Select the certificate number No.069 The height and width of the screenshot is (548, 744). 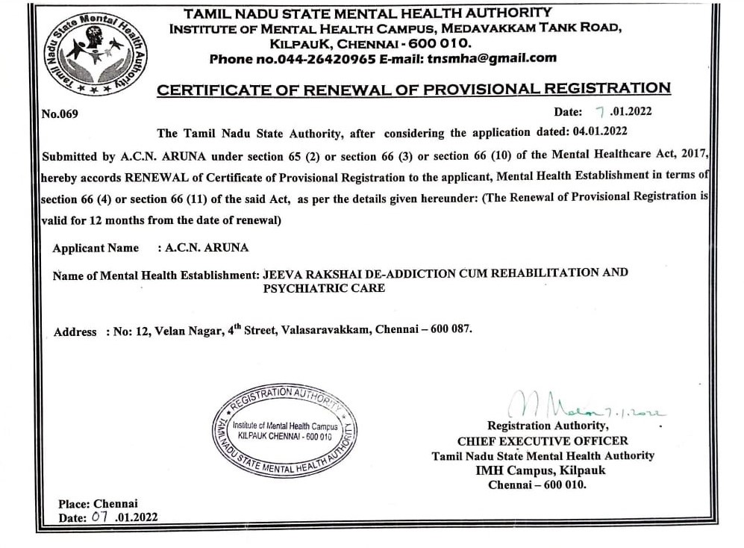tap(60, 114)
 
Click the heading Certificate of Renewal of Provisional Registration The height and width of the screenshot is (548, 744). tap(413, 89)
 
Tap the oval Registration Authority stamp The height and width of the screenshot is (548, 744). tap(284, 431)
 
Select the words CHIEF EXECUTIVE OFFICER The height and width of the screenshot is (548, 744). tap(543, 440)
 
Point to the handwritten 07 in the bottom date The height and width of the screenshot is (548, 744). tap(100, 517)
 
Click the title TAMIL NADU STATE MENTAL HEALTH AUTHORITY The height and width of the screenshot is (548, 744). tap(368, 13)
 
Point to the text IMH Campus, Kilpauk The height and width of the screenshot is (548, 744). tap(541, 470)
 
